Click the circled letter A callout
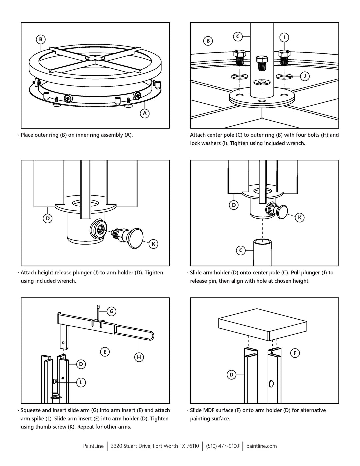point(145,113)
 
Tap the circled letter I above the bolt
point(284,37)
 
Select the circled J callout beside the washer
point(305,76)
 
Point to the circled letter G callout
point(111,311)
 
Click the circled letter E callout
point(105,351)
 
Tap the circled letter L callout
point(81,382)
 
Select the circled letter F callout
point(295,353)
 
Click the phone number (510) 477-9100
point(222,446)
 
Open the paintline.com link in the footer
point(261,446)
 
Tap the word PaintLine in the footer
point(93,446)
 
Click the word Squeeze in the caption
point(31,410)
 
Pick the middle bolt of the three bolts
point(262,63)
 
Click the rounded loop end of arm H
point(151,335)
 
